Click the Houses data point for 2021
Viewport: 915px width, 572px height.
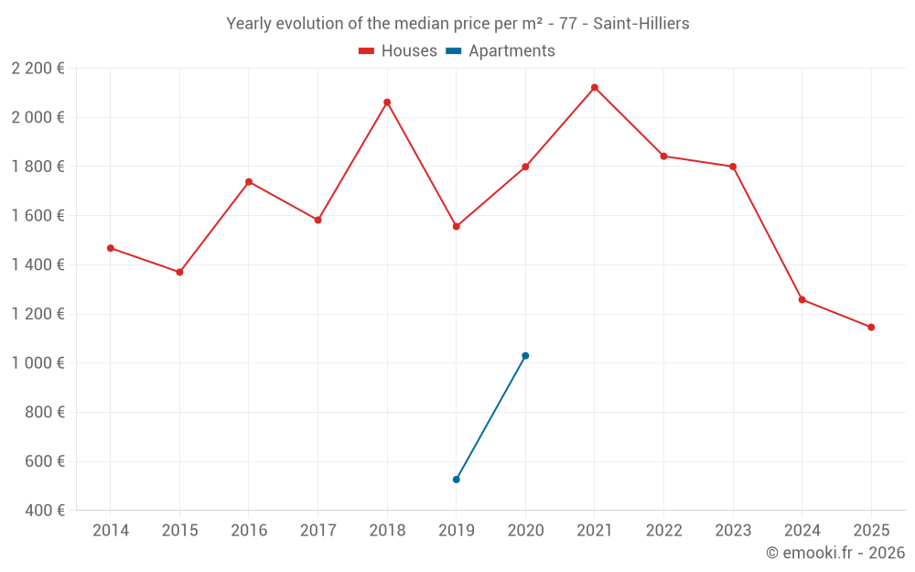595,88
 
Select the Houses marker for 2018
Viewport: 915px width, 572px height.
387,103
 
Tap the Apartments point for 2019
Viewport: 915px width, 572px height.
457,480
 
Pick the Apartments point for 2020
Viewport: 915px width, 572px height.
525,356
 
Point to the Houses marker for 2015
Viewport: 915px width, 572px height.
179,272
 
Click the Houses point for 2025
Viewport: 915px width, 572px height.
871,328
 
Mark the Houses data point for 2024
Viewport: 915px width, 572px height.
802,300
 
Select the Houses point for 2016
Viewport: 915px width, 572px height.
249,182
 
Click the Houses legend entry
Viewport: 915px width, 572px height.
398,51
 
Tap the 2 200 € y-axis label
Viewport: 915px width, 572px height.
38,69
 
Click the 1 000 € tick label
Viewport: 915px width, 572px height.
38,363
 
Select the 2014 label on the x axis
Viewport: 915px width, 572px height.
111,531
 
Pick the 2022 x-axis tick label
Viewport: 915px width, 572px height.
663,531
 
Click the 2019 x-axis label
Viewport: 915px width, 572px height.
457,531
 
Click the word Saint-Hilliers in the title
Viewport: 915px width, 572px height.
641,24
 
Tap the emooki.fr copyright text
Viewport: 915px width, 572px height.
835,553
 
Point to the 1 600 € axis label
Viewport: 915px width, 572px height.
38,216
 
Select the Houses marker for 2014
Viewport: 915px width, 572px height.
111,248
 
